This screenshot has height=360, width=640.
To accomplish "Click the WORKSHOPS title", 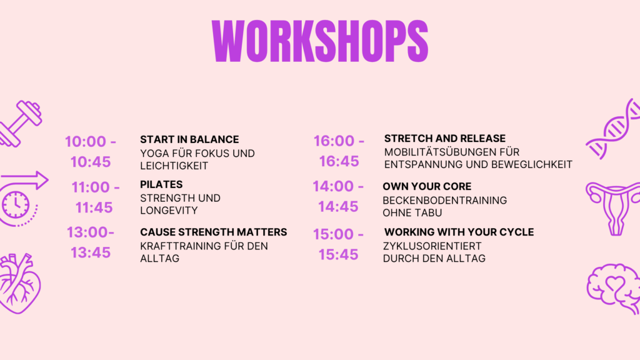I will click(x=319, y=41).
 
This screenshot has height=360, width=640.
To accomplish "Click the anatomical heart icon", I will click(x=19, y=282).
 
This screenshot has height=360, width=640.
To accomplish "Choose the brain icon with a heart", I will click(x=614, y=287).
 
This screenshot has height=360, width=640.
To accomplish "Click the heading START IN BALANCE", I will click(x=189, y=139).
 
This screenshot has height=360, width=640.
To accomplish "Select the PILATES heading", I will click(x=161, y=184).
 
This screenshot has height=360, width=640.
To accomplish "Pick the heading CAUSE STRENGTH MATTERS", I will click(x=213, y=232).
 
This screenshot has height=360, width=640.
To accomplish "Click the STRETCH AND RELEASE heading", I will click(x=444, y=138).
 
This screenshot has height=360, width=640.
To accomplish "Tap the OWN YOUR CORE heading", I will click(x=427, y=186).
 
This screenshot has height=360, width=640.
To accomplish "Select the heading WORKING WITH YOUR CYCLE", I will click(x=459, y=232).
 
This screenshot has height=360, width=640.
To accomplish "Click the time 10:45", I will click(x=90, y=162).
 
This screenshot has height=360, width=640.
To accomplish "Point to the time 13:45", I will click(x=90, y=252).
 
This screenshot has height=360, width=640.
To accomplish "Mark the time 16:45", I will click(x=339, y=161).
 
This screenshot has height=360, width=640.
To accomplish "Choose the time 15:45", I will click(x=338, y=254).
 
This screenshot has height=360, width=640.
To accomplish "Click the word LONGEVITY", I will click(x=169, y=211).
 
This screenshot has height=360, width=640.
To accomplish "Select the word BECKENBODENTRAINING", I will click(x=444, y=200).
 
